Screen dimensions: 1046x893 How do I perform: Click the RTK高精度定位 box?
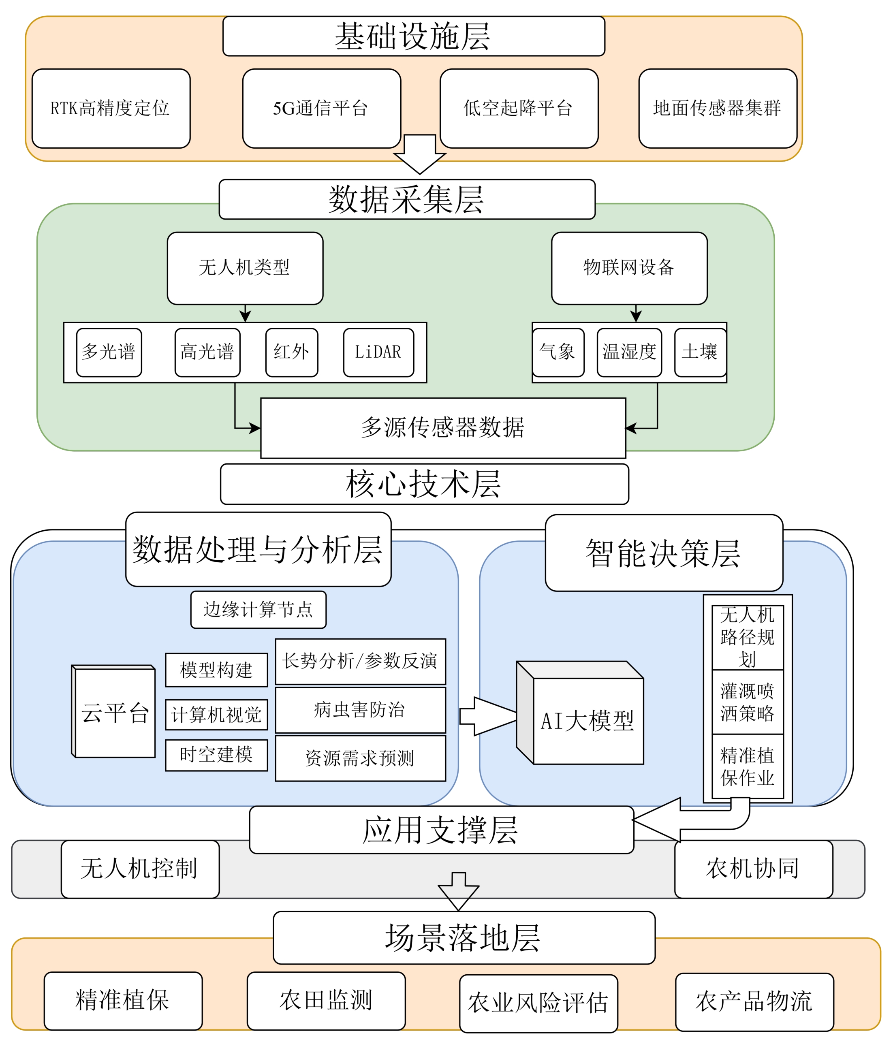(x=111, y=108)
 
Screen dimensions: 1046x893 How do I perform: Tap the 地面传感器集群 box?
(x=717, y=108)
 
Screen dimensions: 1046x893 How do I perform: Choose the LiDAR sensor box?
(x=378, y=352)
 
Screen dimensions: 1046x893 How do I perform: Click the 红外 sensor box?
(x=291, y=352)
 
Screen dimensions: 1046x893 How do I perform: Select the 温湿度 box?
(x=629, y=352)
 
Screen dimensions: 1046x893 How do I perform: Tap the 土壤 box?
(x=700, y=352)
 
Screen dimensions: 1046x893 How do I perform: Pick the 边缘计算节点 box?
(x=258, y=609)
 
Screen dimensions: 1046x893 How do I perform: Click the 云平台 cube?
(x=115, y=712)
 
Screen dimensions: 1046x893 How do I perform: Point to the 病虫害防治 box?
(x=360, y=709)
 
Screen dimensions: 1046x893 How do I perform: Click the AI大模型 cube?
(x=587, y=720)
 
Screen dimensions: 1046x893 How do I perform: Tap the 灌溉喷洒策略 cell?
(x=747, y=702)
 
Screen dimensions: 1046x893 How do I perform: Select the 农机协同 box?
(x=753, y=868)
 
